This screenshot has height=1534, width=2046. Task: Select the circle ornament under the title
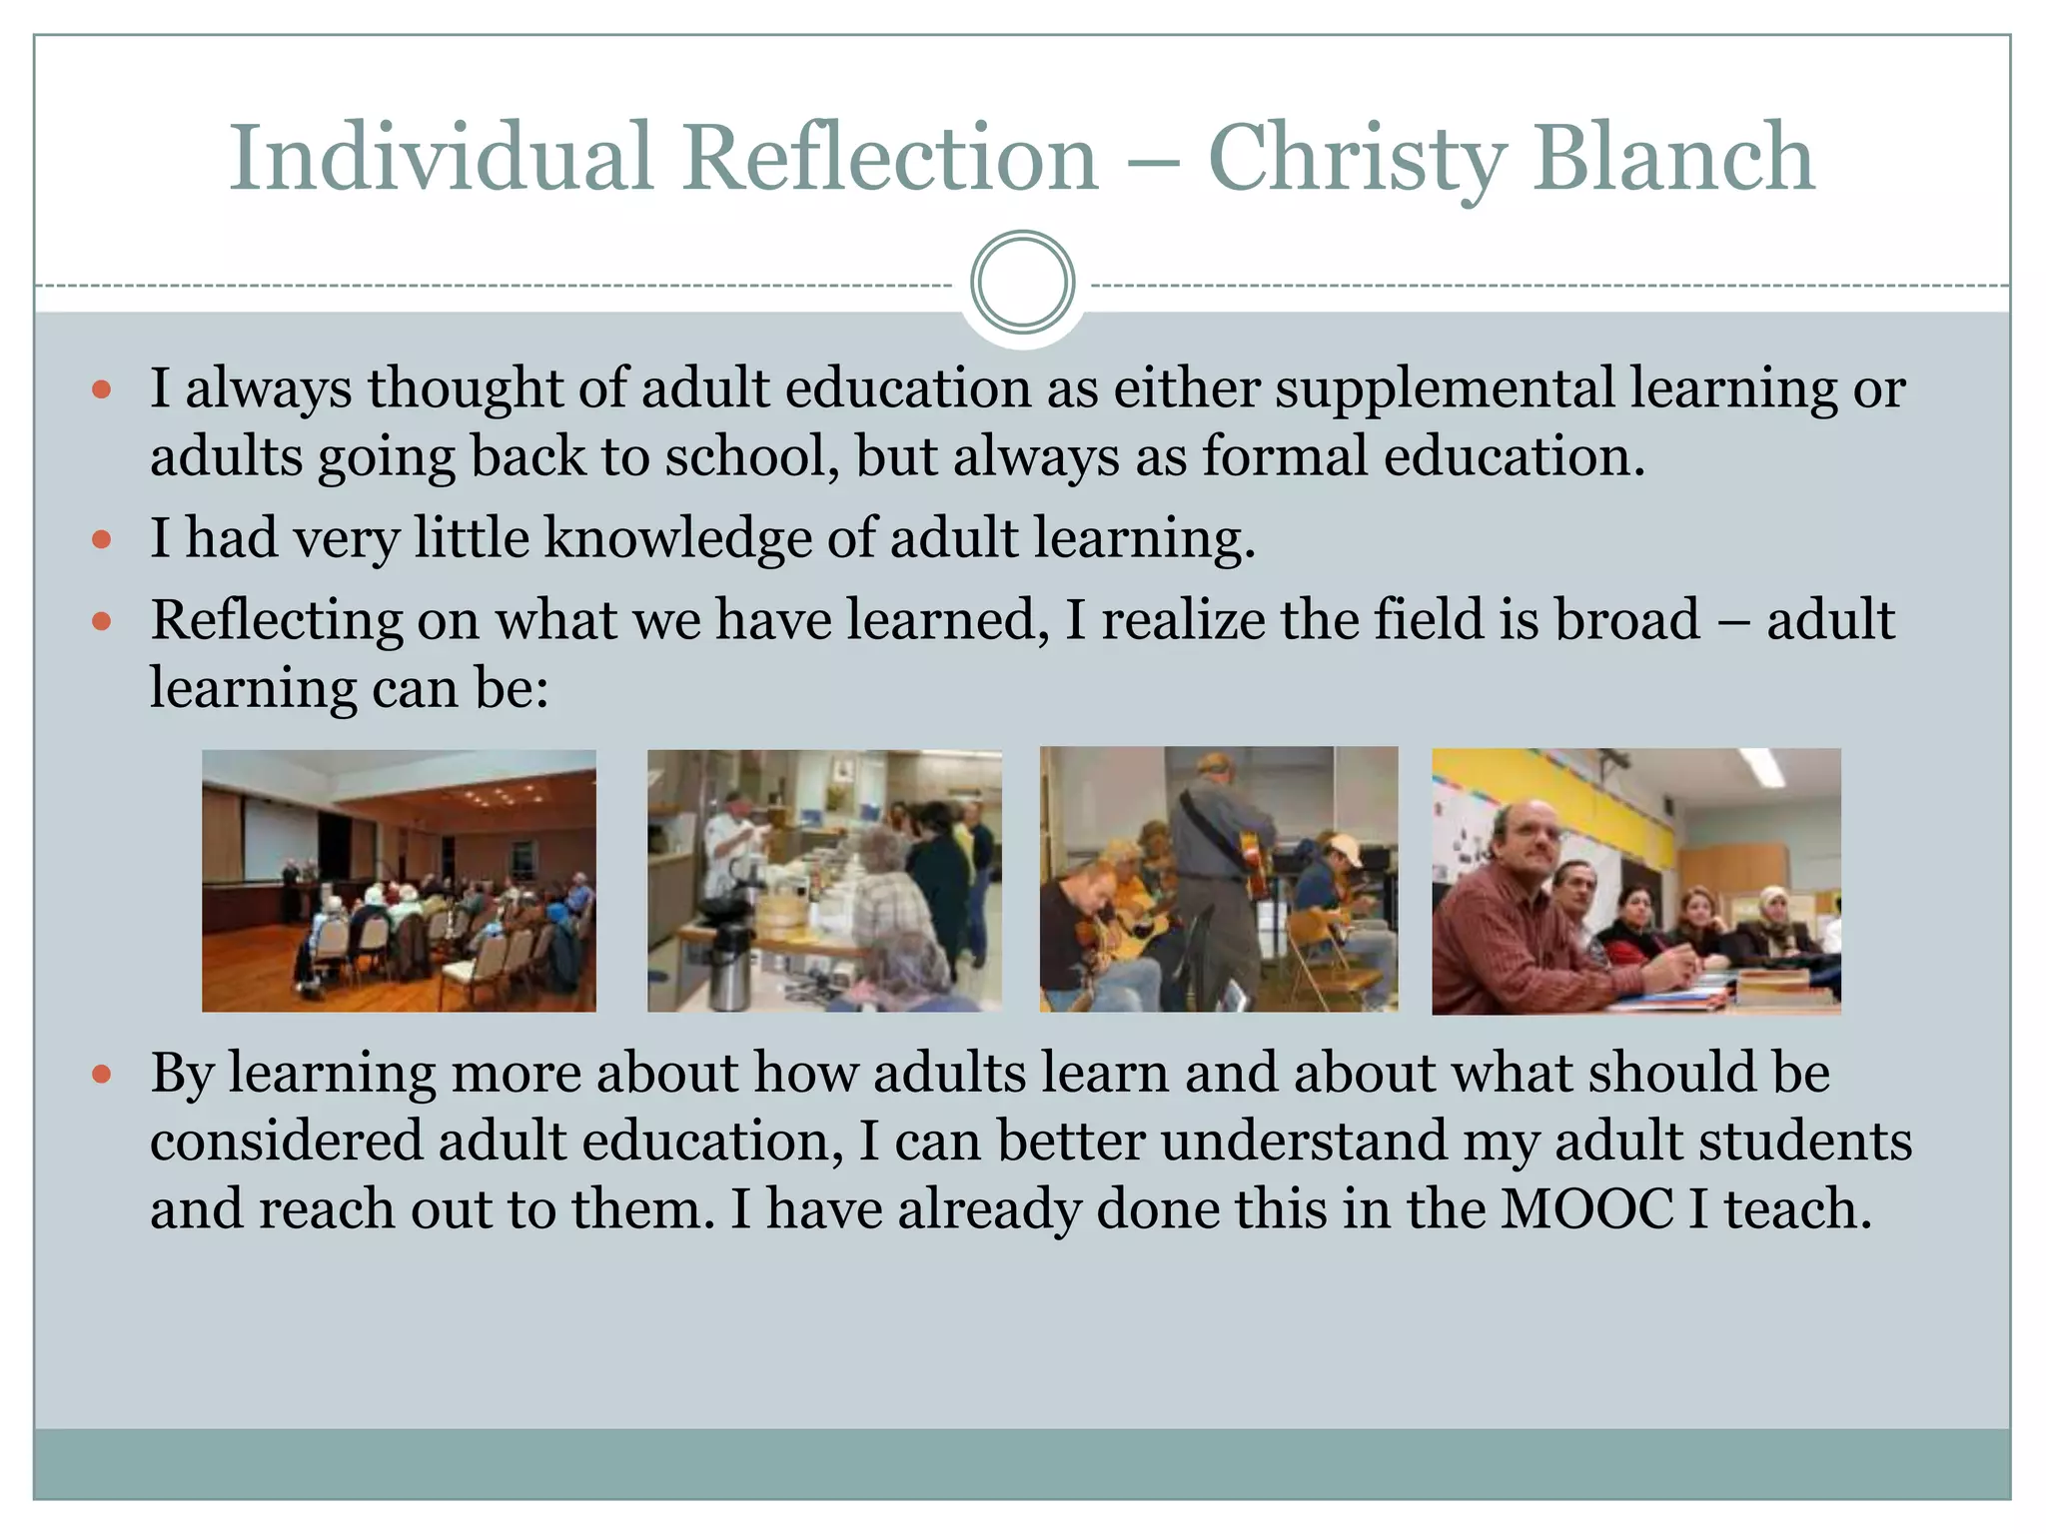click(1022, 283)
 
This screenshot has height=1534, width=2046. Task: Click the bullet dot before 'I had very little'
click(101, 540)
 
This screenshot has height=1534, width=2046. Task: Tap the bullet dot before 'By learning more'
click(101, 1075)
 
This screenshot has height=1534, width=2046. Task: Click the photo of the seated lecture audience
click(399, 881)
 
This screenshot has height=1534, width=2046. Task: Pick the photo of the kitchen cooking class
click(824, 881)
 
